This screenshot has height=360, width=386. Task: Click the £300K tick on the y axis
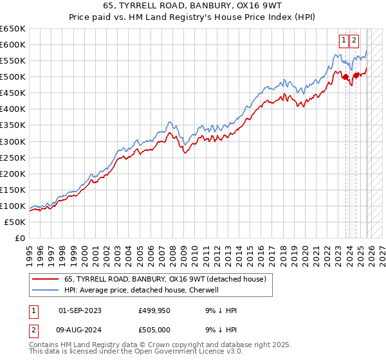tap(12, 141)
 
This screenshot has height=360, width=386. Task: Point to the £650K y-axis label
tap(12, 29)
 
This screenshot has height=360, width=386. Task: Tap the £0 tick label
tap(19, 238)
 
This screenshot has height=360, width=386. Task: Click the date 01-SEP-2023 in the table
tap(80, 310)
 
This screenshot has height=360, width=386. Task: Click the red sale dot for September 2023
tap(345, 77)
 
